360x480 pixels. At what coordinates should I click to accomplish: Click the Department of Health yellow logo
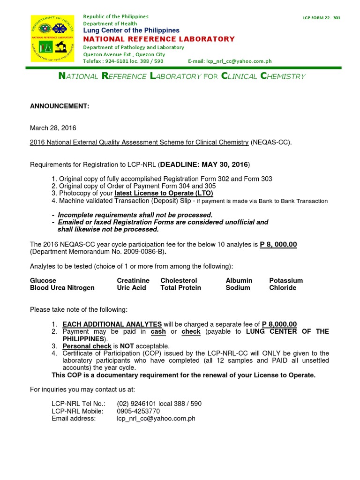pyautogui.click(x=52, y=38)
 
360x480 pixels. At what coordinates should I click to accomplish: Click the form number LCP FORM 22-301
pyautogui.click(x=322, y=18)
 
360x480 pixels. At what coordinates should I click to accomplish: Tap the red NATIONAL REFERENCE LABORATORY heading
pyautogui.click(x=159, y=39)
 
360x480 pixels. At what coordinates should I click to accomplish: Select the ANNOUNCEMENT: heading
pyautogui.click(x=60, y=106)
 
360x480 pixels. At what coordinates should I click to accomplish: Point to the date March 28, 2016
pyautogui.click(x=53, y=128)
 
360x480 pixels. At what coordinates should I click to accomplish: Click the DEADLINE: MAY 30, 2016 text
pyautogui.click(x=204, y=165)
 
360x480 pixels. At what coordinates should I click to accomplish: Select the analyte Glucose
pyautogui.click(x=43, y=280)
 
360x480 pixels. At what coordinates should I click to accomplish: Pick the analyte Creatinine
pyautogui.click(x=133, y=280)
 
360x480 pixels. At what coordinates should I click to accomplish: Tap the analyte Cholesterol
pyautogui.click(x=179, y=280)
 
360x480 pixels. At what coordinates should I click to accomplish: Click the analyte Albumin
pyautogui.click(x=239, y=280)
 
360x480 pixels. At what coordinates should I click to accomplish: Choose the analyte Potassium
pyautogui.click(x=286, y=280)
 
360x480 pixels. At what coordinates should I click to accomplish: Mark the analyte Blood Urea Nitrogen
pyautogui.click(x=62, y=288)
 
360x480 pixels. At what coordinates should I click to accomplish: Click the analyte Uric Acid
pyautogui.click(x=131, y=288)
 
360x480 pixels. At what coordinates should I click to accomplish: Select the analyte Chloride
pyautogui.click(x=283, y=288)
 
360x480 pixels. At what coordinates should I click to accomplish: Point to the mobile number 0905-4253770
pyautogui.click(x=140, y=411)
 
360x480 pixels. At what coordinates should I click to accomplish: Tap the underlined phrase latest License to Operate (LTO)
pyautogui.click(x=164, y=193)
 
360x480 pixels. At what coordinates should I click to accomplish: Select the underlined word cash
pyautogui.click(x=159, y=331)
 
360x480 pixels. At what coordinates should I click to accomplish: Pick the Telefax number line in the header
pyautogui.click(x=123, y=61)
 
